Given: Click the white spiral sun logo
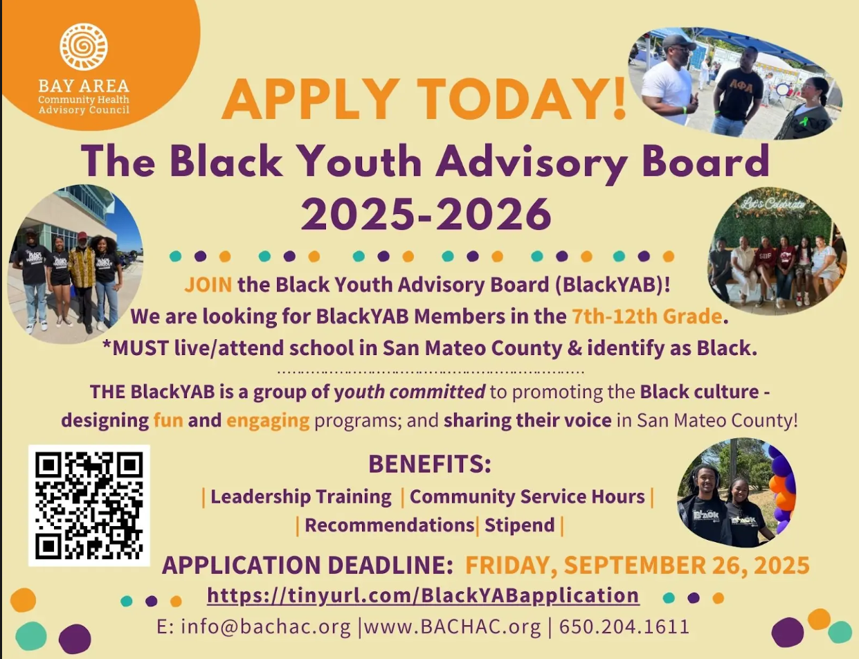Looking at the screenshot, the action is click(84, 46).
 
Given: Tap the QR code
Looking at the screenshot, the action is click(89, 505).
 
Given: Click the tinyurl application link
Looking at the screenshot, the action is click(423, 596).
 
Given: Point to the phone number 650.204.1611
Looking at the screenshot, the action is click(624, 627).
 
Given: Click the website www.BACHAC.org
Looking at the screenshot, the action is click(452, 627).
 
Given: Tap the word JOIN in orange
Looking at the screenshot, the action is click(208, 285).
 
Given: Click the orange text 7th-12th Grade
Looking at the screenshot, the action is click(647, 316).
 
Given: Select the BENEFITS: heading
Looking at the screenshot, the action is click(430, 464).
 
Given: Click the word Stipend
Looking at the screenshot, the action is click(520, 525).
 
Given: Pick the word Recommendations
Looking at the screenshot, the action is click(390, 525).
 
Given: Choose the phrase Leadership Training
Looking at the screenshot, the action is click(301, 497).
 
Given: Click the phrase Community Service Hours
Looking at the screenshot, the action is click(527, 497).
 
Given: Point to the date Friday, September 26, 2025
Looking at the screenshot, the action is click(638, 566).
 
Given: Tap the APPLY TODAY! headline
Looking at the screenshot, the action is click(424, 99).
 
